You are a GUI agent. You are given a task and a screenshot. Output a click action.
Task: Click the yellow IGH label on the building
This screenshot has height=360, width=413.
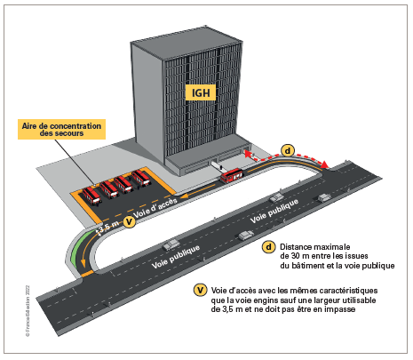[x=201, y=92]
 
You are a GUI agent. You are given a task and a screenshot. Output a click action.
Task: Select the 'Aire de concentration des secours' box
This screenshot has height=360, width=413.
[x=61, y=129]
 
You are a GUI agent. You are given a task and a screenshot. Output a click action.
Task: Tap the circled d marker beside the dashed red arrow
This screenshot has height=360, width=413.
[x=288, y=150]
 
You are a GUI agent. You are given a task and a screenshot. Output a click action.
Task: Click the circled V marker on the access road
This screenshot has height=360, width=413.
[x=129, y=221]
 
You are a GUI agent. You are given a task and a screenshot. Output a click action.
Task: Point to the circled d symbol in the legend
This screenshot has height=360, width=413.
[x=268, y=247]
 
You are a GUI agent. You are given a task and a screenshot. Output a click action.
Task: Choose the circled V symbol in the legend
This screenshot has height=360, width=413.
[x=200, y=290]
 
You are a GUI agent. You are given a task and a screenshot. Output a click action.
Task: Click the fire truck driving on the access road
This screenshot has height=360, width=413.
[x=232, y=175]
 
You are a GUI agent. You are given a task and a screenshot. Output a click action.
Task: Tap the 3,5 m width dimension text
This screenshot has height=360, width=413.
[x=108, y=228]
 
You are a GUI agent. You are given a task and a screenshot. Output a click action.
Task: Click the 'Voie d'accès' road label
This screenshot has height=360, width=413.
[x=155, y=207]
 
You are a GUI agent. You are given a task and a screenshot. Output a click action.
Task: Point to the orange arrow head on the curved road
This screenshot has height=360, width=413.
[x=83, y=262]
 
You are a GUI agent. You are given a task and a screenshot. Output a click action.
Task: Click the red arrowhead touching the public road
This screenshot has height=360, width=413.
[x=325, y=164]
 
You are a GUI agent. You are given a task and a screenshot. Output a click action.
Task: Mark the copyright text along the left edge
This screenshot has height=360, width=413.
[x=28, y=311]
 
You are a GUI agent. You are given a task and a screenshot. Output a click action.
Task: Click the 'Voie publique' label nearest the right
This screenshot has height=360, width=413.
[x=274, y=211]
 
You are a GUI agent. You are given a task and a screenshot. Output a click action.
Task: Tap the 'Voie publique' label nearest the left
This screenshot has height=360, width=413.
[x=176, y=257]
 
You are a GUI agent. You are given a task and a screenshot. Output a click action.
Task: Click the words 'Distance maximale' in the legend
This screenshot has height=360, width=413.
[x=315, y=247]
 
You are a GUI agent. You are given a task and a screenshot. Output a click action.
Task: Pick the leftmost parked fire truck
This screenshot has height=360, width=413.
[x=91, y=196]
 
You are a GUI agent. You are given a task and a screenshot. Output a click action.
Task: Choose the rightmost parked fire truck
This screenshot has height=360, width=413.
[x=141, y=178]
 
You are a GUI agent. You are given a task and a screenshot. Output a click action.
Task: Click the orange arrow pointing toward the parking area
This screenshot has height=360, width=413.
[x=198, y=191]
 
